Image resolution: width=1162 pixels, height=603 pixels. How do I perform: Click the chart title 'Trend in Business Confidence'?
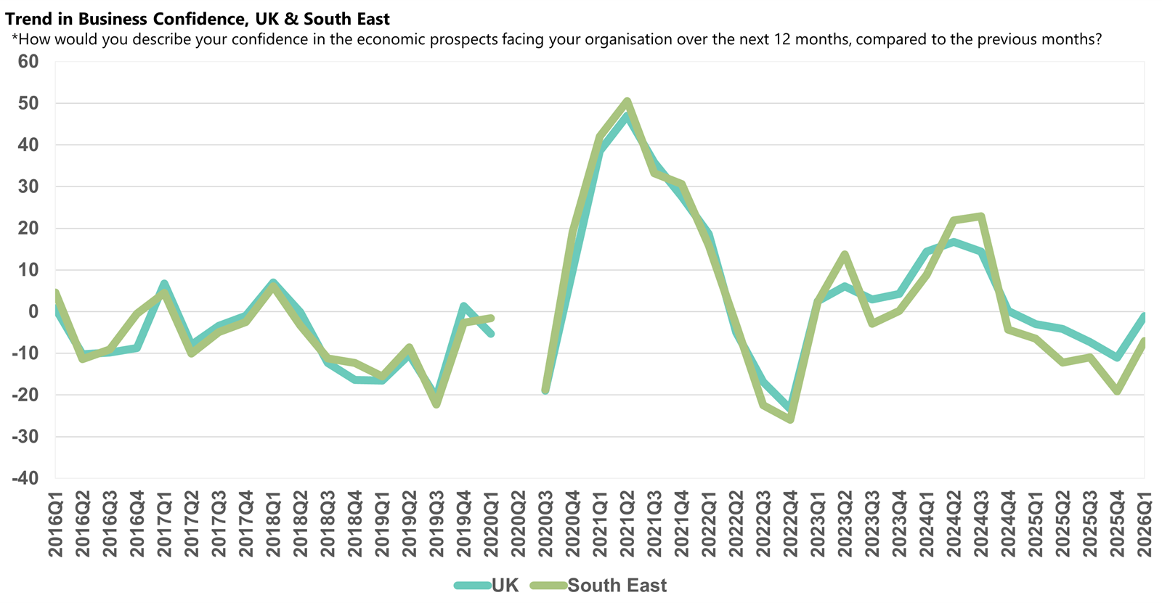tap(198, 19)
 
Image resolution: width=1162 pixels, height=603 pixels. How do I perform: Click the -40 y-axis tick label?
tap(25, 478)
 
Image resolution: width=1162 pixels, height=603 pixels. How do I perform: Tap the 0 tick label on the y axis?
tap(33, 311)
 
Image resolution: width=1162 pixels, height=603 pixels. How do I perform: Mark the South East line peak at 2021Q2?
tap(627, 101)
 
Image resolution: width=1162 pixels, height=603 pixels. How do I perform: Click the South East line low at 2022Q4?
tap(790, 419)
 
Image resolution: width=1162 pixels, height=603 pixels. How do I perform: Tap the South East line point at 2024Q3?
tap(981, 216)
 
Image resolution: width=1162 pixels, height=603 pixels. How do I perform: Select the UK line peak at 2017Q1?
tap(164, 283)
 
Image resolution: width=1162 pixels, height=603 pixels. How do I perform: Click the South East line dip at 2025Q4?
tap(1117, 391)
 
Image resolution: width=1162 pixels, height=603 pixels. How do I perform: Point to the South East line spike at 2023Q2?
tap(845, 254)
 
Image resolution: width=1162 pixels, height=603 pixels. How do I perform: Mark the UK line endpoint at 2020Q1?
tap(491, 334)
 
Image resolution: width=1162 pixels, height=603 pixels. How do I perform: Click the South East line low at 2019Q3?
tap(436, 404)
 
